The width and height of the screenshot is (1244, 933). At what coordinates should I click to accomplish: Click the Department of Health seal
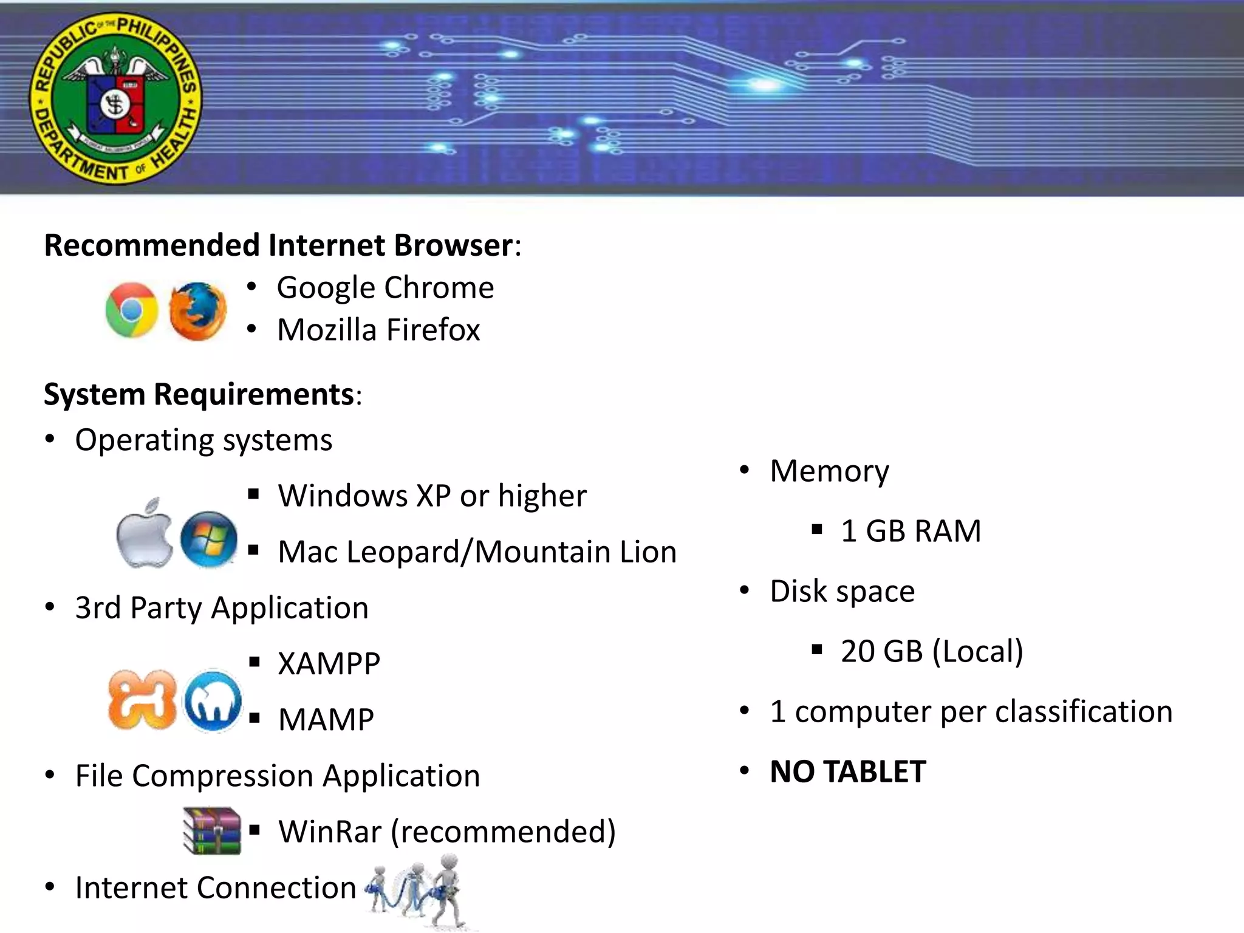click(x=115, y=98)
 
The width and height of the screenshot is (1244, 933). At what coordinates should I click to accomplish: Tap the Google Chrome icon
click(x=132, y=310)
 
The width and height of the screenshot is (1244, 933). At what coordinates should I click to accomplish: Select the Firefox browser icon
click(x=197, y=311)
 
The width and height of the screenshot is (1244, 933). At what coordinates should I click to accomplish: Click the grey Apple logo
click(x=145, y=535)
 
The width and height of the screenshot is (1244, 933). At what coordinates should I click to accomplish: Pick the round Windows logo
click(x=209, y=539)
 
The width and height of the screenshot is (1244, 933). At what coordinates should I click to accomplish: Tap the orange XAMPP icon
click(x=142, y=699)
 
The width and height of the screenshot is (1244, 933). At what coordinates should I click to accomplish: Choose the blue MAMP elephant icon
click(x=213, y=701)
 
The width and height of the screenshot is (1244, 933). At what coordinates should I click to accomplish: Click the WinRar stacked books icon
click(x=211, y=830)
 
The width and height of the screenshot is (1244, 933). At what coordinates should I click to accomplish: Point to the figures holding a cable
click(x=419, y=890)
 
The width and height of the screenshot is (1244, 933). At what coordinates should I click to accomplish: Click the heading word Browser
click(x=453, y=245)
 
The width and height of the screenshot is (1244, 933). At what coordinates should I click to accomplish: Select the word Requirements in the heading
click(x=254, y=394)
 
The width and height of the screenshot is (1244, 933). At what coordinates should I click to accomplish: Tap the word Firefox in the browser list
click(x=432, y=330)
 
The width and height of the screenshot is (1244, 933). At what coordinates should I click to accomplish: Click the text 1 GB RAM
click(x=911, y=531)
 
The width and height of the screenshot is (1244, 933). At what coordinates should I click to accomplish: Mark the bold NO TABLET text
click(x=848, y=772)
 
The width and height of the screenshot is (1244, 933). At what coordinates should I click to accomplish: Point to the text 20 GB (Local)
click(x=932, y=651)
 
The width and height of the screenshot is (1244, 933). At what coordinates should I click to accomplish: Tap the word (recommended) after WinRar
click(x=503, y=832)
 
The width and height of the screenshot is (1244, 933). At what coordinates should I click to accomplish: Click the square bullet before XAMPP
click(x=255, y=662)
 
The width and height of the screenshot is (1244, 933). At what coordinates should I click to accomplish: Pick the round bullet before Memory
click(x=745, y=470)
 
